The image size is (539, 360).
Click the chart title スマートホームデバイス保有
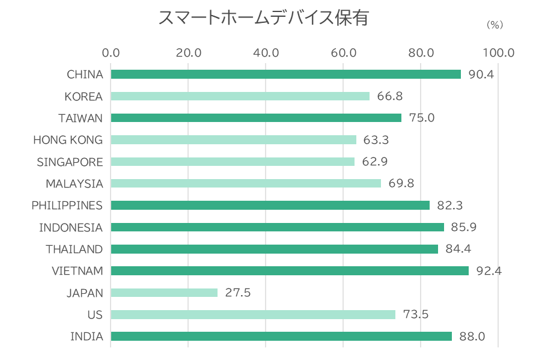pyautogui.click(x=263, y=18)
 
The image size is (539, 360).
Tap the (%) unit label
pyautogui.click(x=494, y=25)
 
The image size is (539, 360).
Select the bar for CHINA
pyautogui.click(x=286, y=75)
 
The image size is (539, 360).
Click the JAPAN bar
pyautogui.click(x=164, y=293)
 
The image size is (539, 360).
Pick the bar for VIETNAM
pyautogui.click(x=290, y=271)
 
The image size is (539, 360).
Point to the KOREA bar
pyautogui.click(x=240, y=96)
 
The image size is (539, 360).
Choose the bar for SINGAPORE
pyautogui.click(x=233, y=162)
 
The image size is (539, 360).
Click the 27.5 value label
pyautogui.click(x=237, y=293)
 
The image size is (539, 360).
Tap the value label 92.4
pyautogui.click(x=489, y=271)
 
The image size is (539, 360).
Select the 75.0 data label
pyautogui.click(x=421, y=118)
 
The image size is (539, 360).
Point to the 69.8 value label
pyautogui.click(x=401, y=183)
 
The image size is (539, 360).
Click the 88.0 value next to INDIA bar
pyautogui.click(x=472, y=337)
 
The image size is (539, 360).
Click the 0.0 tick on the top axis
pyautogui.click(x=111, y=53)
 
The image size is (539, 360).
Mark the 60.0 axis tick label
pyautogui.click(x=344, y=53)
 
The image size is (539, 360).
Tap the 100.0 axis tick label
pyautogui.click(x=498, y=53)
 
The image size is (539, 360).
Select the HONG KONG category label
pyautogui.click(x=68, y=140)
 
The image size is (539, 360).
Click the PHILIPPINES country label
pyautogui.click(x=67, y=206)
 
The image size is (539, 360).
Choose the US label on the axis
pyautogui.click(x=95, y=315)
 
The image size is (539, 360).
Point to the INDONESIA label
pyautogui.click(x=71, y=228)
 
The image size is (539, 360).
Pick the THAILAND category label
pyautogui.click(x=74, y=249)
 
